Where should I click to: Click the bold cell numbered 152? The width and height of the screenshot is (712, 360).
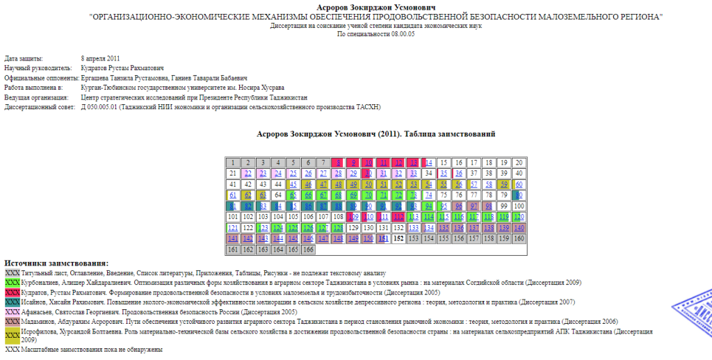[398, 238]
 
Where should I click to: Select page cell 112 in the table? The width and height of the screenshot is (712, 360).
[398, 216]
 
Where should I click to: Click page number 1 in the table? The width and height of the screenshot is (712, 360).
[233, 163]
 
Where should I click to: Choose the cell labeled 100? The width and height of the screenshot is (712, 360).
[518, 206]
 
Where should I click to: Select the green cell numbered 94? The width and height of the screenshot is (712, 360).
[428, 206]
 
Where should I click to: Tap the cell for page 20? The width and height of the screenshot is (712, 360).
[518, 163]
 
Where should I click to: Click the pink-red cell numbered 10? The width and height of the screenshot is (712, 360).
[369, 163]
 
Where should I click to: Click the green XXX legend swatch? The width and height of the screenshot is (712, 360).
[12, 283]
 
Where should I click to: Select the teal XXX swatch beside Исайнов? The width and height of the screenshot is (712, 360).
[12, 302]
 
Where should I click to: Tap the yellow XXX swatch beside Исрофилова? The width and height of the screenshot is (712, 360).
[12, 336]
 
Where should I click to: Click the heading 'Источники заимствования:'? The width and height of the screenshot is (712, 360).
[56, 263]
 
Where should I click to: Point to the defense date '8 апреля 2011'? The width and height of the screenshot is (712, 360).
[100, 58]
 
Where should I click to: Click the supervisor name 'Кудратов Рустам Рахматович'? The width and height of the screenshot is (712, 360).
[122, 68]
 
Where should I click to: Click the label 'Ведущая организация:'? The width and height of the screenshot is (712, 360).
[35, 98]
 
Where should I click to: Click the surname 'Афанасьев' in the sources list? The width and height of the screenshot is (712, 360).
[39, 312]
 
